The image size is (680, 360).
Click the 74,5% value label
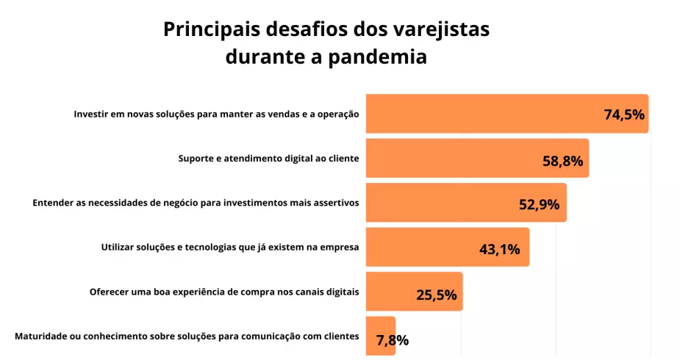click(x=623, y=115)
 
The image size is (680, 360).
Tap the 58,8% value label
click(x=563, y=162)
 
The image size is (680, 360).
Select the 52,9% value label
click(x=539, y=205)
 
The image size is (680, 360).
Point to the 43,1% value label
click(x=499, y=249)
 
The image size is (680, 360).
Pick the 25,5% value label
click(x=437, y=295)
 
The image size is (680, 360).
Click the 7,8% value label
click(x=393, y=340)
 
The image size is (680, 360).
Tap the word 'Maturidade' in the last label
click(x=41, y=336)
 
